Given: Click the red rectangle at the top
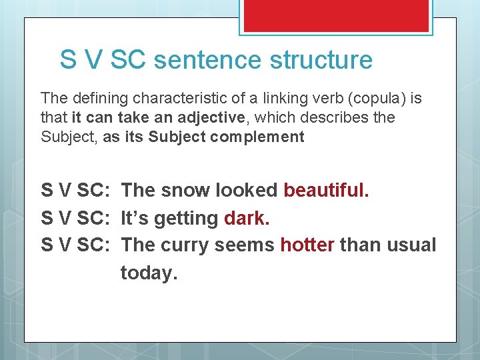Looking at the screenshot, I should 336,15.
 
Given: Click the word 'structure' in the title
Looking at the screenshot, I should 321,60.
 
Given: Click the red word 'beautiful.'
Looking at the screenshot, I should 326,190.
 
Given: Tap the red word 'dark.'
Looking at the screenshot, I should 247,218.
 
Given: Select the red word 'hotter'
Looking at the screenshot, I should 307,245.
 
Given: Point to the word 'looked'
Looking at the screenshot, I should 247,190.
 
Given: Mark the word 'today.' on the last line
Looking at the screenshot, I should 149,273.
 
